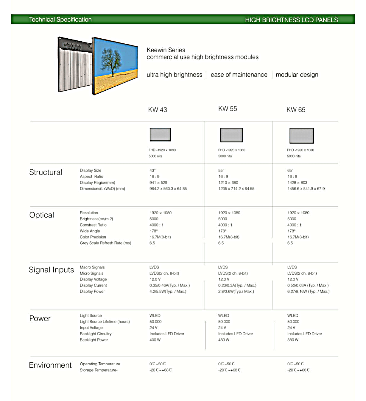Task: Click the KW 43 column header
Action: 158,110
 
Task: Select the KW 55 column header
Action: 228,109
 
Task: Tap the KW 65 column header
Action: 296,110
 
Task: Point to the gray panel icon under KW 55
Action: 231,135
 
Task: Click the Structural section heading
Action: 46,172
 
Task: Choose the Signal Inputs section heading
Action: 51,270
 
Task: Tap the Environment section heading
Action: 50,365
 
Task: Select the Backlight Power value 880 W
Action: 293,340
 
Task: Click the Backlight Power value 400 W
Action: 155,340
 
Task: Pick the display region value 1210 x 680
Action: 228,183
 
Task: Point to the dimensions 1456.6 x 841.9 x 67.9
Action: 306,189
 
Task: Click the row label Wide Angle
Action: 90,231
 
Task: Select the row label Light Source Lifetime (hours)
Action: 105,322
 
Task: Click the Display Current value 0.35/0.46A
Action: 169,285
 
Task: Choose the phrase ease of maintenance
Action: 239,75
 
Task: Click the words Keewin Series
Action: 166,50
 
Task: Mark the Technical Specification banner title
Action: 60,20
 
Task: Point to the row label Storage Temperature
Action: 98,370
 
